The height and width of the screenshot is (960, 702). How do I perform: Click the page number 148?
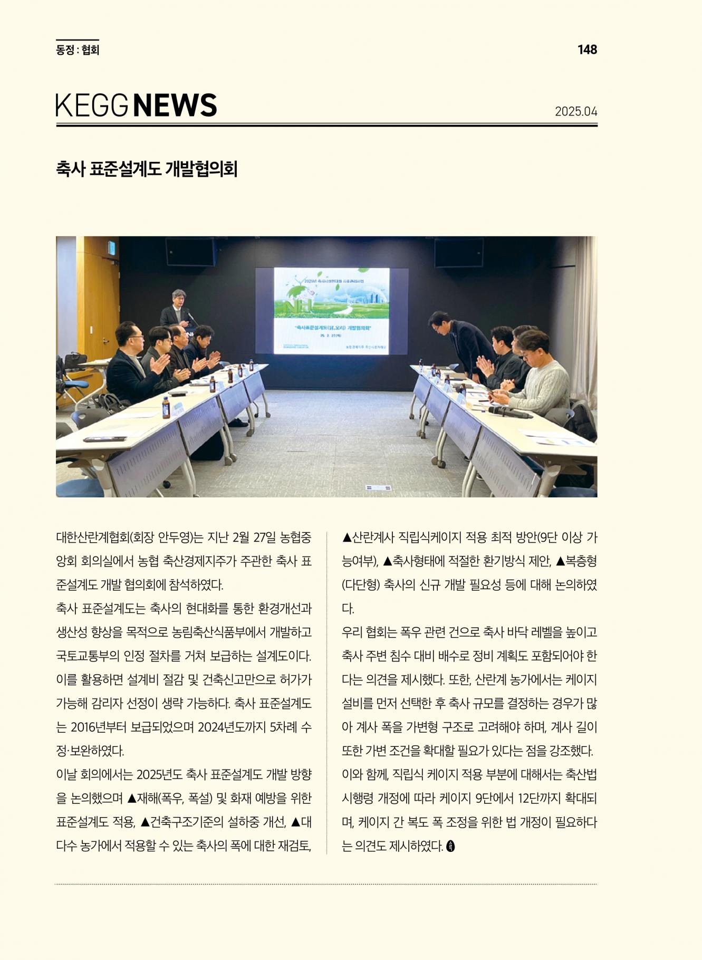(587, 50)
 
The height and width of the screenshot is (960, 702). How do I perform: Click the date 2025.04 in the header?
(575, 112)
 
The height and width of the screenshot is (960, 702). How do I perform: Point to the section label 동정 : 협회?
(78, 50)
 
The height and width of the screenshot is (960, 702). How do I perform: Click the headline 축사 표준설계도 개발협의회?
(147, 169)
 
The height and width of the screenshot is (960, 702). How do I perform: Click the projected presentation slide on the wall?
(331, 311)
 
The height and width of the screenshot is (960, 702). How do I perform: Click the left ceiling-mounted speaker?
(191, 252)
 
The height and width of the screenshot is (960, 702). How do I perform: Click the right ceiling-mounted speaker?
(458, 253)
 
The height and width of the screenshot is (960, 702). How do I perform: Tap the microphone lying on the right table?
(510, 412)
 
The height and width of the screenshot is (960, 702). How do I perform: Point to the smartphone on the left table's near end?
(105, 439)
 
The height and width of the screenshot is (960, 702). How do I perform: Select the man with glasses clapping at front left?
(131, 364)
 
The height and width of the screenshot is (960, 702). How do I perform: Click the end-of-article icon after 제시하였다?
(450, 846)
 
